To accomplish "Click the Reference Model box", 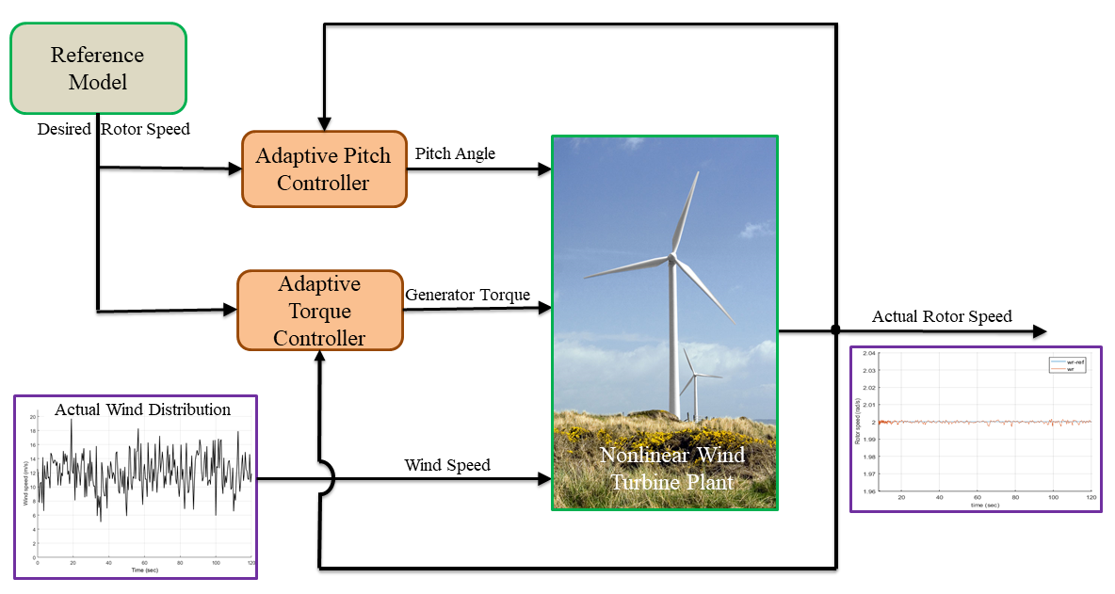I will [x=98, y=68].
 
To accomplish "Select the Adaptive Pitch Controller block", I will [x=324, y=169].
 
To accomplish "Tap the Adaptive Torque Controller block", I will [x=319, y=311].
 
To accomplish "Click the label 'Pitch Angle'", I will [x=455, y=153].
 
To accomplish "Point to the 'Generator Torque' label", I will [x=467, y=295].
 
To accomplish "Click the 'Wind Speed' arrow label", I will [x=447, y=465].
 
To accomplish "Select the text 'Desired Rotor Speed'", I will [x=113, y=129].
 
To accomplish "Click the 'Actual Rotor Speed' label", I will [x=942, y=316].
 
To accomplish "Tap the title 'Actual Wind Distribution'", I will [x=142, y=409].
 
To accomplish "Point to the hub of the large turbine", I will [x=672, y=256].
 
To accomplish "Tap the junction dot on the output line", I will [x=835, y=330].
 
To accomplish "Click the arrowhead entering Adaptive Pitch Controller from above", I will [x=324, y=124].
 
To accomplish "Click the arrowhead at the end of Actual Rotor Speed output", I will [x=1039, y=330].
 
